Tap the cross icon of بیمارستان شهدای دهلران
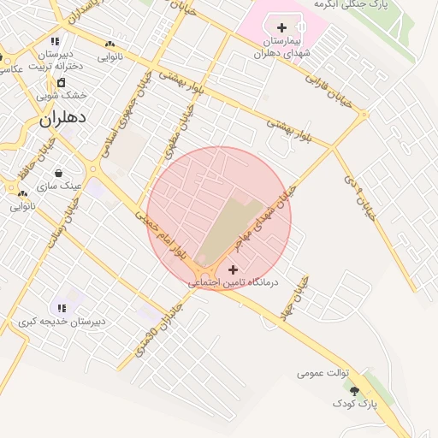281,28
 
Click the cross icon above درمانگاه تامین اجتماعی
233,269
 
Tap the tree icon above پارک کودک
355,391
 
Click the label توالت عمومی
322,373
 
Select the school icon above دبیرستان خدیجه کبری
61,307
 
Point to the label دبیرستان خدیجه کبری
62,322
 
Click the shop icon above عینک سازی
57,173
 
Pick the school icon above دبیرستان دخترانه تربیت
55,40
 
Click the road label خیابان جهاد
296,299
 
